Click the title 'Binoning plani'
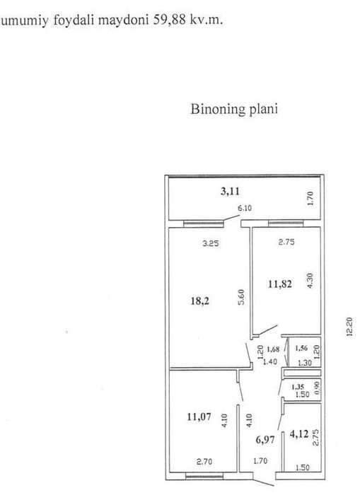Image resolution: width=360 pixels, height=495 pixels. pos(234,110)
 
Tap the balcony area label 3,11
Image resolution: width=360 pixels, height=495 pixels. pos(230,192)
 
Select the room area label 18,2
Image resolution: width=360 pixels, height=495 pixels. pos(200,301)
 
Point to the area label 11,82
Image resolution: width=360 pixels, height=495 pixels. pos(280,284)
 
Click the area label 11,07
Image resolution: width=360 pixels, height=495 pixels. pos(199,417)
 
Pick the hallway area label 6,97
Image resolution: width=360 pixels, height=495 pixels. pos(265,439)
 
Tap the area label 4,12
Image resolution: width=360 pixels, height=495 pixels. pos(298,436)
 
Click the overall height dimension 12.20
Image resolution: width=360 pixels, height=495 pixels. pos(349,327)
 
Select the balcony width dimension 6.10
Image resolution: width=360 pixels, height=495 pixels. pos(245,209)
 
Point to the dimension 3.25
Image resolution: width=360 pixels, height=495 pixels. pos(211,243)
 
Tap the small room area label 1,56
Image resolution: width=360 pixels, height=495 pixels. pos(301,348)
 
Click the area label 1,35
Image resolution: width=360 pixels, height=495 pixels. pos(298,387)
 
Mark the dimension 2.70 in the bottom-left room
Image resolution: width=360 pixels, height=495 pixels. pos(204,462)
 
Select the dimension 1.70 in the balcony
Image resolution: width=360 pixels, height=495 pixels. pos(310,199)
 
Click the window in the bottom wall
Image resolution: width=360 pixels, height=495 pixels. pos(204,476)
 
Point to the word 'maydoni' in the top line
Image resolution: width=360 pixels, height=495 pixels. pos(123,21)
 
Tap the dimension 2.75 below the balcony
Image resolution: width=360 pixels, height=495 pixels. pos(286,242)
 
